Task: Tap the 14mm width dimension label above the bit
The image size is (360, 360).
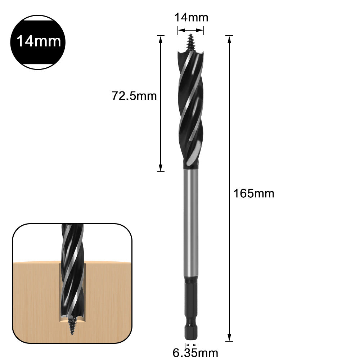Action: point(191,17)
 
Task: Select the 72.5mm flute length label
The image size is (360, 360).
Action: point(134,96)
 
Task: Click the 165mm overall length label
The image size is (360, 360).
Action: point(254,193)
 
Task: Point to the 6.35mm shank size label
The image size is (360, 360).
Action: point(195,352)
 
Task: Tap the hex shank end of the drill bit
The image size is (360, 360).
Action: point(190,324)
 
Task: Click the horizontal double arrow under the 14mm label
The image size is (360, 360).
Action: point(191,30)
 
